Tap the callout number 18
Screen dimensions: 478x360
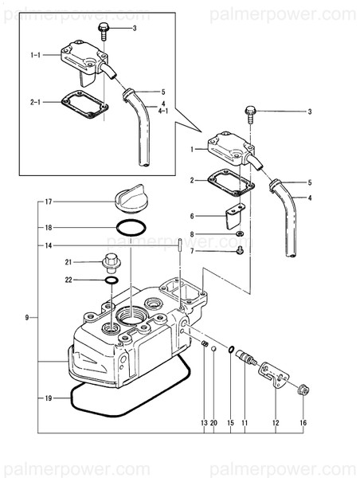coord(48,228)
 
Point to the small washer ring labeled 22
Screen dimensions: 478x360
coord(112,280)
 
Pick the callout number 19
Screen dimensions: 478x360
coord(48,396)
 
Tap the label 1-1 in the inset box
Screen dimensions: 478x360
coord(36,55)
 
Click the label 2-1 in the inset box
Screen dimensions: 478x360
coord(36,102)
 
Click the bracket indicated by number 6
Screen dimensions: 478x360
coord(231,216)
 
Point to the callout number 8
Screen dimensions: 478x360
coord(192,235)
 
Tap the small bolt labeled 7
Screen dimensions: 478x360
coord(239,252)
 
